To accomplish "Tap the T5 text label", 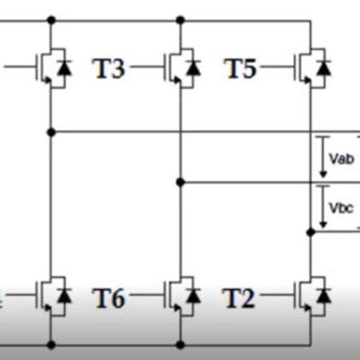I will [240, 69].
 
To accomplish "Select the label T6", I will [109, 298].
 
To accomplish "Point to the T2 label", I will [239, 298].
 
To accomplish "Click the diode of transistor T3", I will [195, 67].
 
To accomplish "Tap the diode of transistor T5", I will [322, 67].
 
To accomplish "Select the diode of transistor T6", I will [195, 296].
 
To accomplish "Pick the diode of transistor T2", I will [322, 296].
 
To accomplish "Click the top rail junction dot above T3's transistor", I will [180, 19].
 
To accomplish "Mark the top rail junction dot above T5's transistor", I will [309, 19].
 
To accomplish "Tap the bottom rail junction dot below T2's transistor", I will [309, 345].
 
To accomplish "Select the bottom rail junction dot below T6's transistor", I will [180, 345].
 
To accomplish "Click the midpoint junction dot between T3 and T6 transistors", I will [180, 182].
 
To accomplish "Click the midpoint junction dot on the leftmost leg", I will [52, 133].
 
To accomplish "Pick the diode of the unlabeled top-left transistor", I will [67, 67].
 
